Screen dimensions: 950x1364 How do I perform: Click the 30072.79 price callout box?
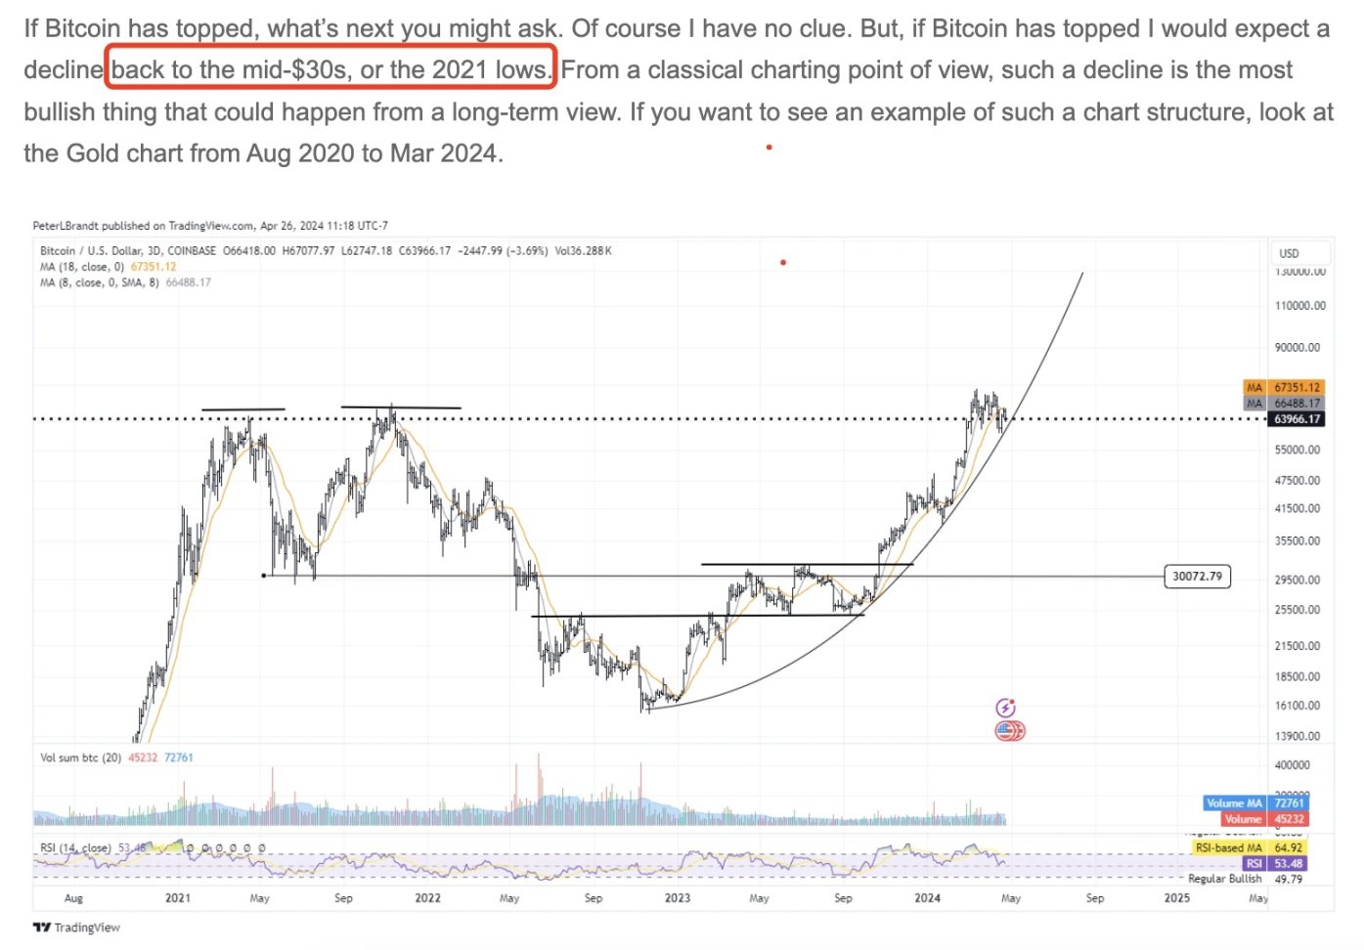point(1197,576)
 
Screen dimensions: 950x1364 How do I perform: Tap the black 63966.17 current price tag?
point(1297,419)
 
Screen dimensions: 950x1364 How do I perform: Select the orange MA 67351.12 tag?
point(1284,387)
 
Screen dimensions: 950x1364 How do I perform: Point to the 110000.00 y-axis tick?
point(1299,306)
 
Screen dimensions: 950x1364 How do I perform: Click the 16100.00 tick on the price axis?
point(1297,706)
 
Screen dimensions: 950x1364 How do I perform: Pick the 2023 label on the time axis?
point(677,897)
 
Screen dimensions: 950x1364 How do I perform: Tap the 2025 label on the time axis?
point(1177,897)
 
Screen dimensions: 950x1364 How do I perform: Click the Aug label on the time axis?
point(73,897)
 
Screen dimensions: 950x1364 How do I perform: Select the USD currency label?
point(1289,253)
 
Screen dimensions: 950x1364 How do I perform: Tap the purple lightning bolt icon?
point(1005,708)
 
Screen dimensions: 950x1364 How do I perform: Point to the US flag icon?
point(1009,730)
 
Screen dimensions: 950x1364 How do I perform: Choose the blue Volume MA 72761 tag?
point(1255,803)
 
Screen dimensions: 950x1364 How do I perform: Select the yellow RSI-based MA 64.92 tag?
point(1248,847)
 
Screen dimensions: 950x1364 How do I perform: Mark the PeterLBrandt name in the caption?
point(66,226)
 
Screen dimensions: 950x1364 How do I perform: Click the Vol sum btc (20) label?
point(80,757)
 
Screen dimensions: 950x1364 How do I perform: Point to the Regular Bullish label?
point(1224,879)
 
